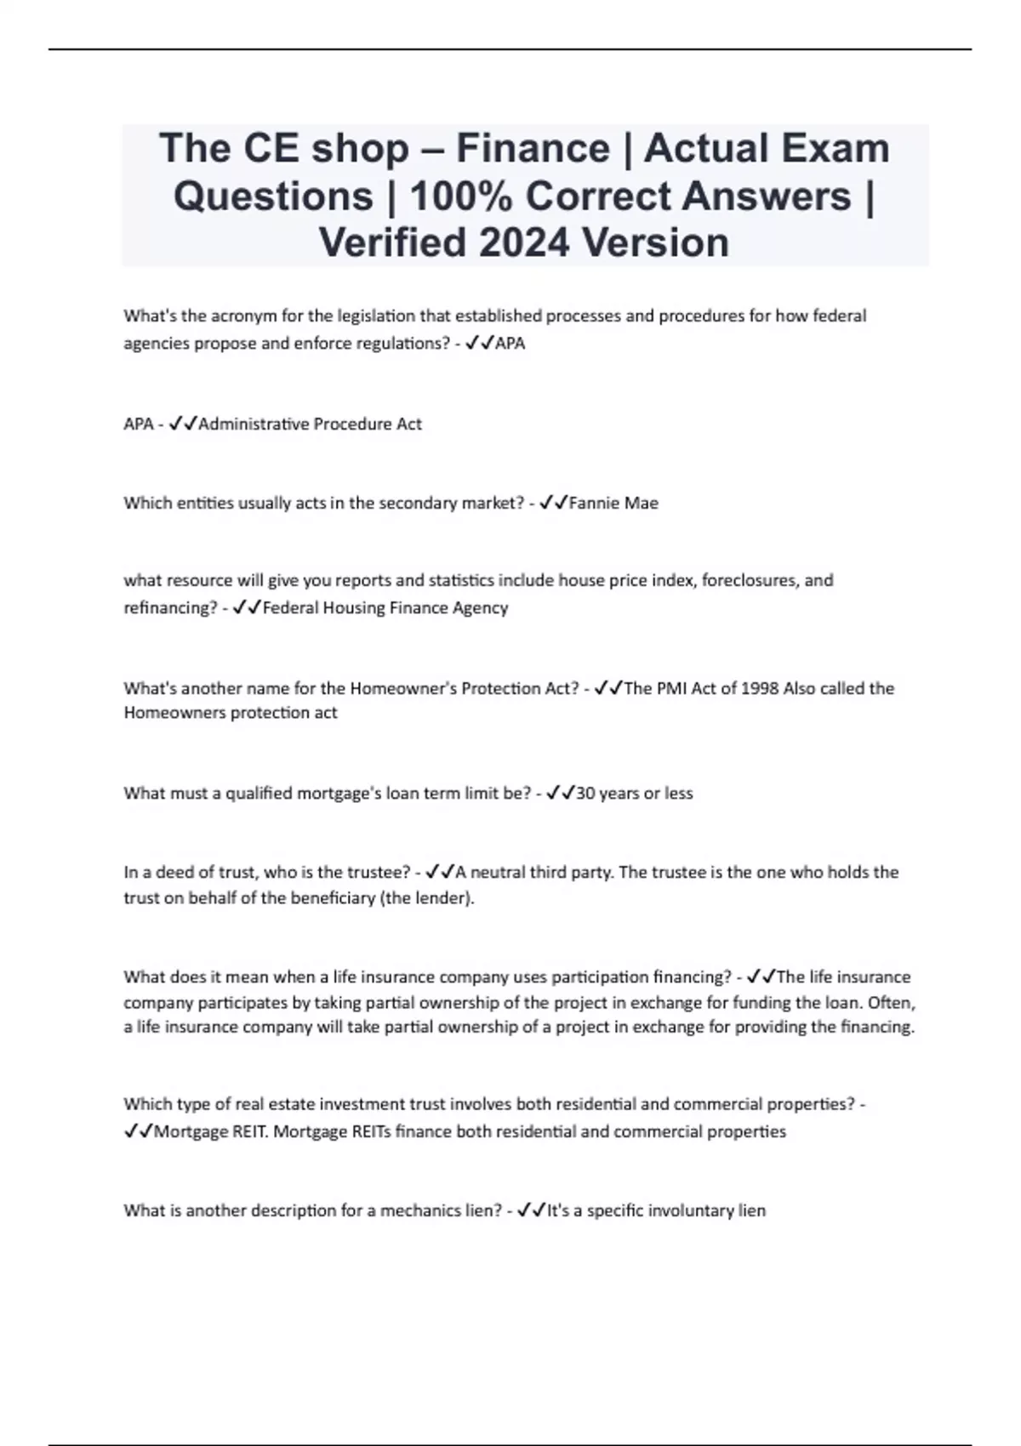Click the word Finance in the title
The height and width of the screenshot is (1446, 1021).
533,148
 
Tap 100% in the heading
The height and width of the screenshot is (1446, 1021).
459,196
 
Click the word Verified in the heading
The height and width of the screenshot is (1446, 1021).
391,242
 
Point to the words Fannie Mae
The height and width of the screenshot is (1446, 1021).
613,503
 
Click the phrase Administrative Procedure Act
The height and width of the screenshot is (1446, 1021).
310,424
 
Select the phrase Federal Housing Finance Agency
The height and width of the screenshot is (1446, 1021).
385,607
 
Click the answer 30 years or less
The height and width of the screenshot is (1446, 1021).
635,793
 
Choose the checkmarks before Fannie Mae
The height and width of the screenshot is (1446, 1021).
554,503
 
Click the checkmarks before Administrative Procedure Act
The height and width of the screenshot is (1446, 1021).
183,424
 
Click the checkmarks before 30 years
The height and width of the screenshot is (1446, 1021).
561,793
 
